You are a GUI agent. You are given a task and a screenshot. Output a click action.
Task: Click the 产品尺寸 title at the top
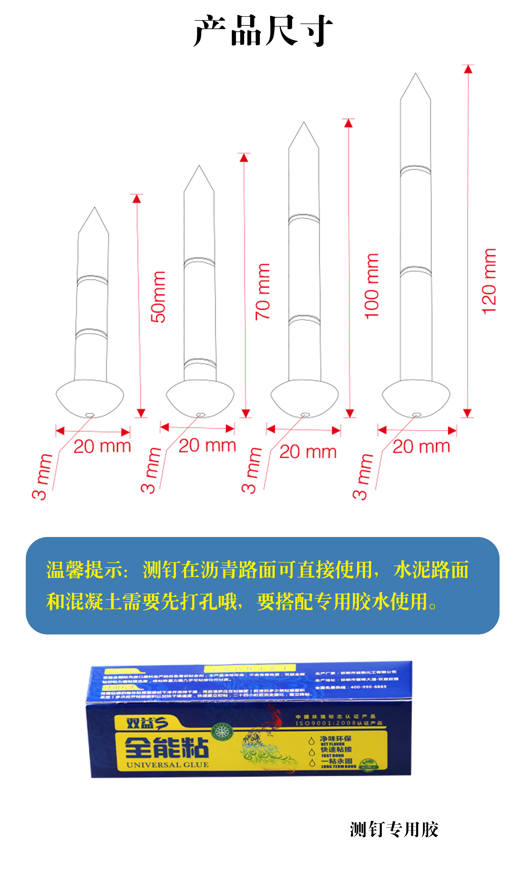point(263,31)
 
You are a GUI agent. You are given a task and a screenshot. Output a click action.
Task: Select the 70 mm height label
point(263,292)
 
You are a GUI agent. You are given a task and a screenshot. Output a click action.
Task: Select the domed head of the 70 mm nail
point(200,398)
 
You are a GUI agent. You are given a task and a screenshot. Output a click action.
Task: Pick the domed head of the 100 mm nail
point(304,398)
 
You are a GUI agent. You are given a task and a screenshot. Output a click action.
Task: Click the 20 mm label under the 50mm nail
point(102,446)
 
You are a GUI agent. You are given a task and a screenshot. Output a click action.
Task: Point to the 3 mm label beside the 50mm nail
point(42,477)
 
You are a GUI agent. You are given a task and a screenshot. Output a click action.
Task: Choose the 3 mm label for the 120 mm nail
point(363,477)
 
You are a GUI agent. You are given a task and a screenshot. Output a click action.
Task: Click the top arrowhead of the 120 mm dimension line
point(468,69)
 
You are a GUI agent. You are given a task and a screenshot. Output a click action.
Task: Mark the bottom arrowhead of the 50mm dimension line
point(141,413)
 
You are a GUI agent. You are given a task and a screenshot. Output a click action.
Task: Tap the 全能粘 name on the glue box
point(167,748)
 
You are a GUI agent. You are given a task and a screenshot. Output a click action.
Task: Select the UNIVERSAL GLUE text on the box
point(168,765)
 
